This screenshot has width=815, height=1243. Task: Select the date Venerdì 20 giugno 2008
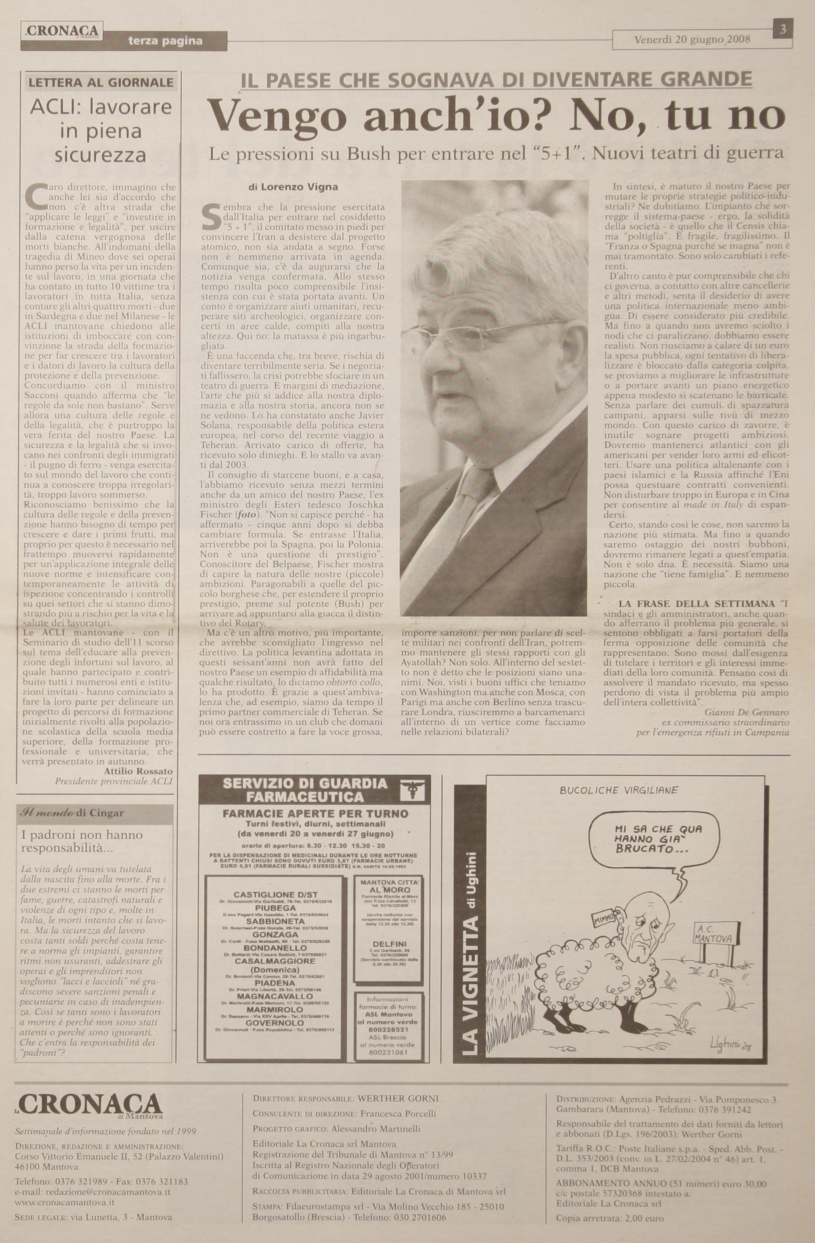tap(692, 40)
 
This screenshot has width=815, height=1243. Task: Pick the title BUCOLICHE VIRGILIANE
tap(618, 791)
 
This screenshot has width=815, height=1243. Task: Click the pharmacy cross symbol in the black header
tap(415, 791)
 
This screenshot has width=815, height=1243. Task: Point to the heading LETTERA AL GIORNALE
tap(101, 83)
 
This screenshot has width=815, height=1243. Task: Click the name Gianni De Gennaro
tap(747, 712)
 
